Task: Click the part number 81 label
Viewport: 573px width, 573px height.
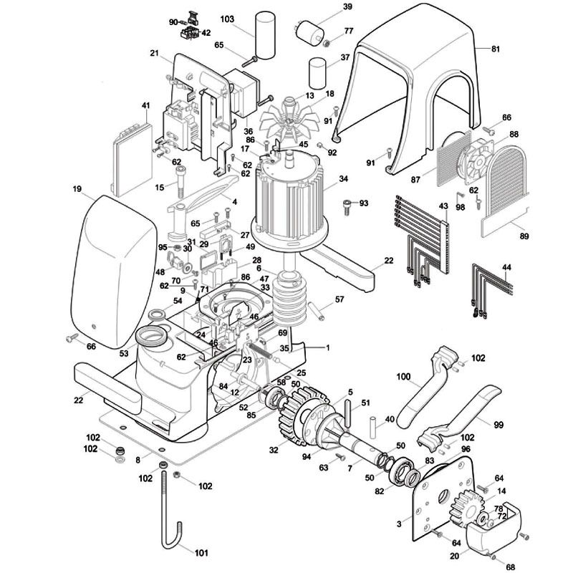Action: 496,49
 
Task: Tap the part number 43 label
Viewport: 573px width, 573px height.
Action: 443,206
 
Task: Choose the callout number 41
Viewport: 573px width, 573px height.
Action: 145,106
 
